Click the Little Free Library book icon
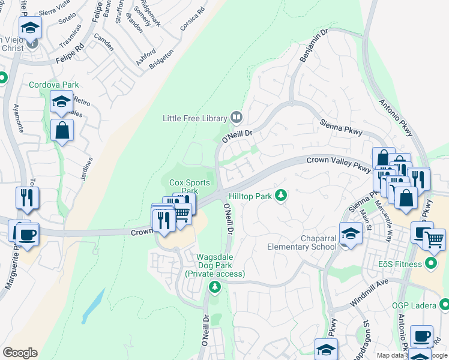(237, 118)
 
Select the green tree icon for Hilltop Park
(280, 195)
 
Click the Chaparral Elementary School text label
(302, 241)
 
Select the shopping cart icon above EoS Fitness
(434, 238)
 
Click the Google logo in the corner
(20, 353)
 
